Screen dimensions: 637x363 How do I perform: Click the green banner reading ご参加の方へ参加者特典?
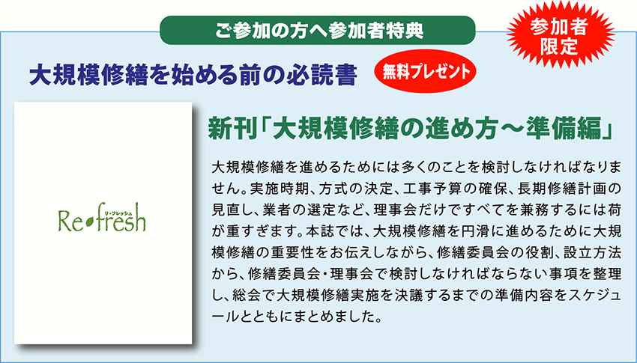pos(317,31)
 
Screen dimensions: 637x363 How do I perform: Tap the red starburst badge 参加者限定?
pos(560,36)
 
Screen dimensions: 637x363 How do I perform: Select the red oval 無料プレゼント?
pos(425,72)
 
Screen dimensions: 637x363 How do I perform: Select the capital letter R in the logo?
pos(64,222)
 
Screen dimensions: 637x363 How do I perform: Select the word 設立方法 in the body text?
pos(594,253)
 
